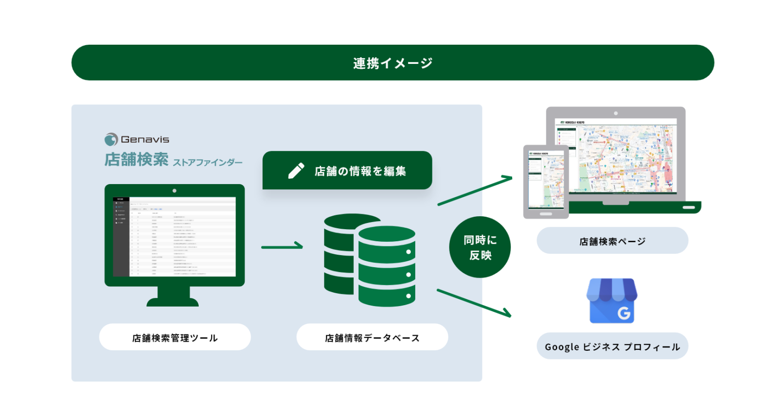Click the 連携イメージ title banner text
pos(393,63)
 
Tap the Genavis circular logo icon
pos(111,139)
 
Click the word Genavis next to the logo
pos(145,139)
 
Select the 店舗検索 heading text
pos(136,160)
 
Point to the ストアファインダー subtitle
pos(207,162)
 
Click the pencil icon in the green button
pos(296,171)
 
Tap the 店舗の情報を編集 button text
pos(360,171)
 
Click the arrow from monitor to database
pos(282,247)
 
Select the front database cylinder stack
pos(386,267)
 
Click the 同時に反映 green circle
pos(480,247)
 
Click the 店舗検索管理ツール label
pos(175,338)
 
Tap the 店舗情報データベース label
pos(372,338)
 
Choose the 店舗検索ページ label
pos(612,241)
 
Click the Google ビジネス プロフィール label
pos(612,346)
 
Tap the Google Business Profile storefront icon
pos(612,301)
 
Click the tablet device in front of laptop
pos(546,182)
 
